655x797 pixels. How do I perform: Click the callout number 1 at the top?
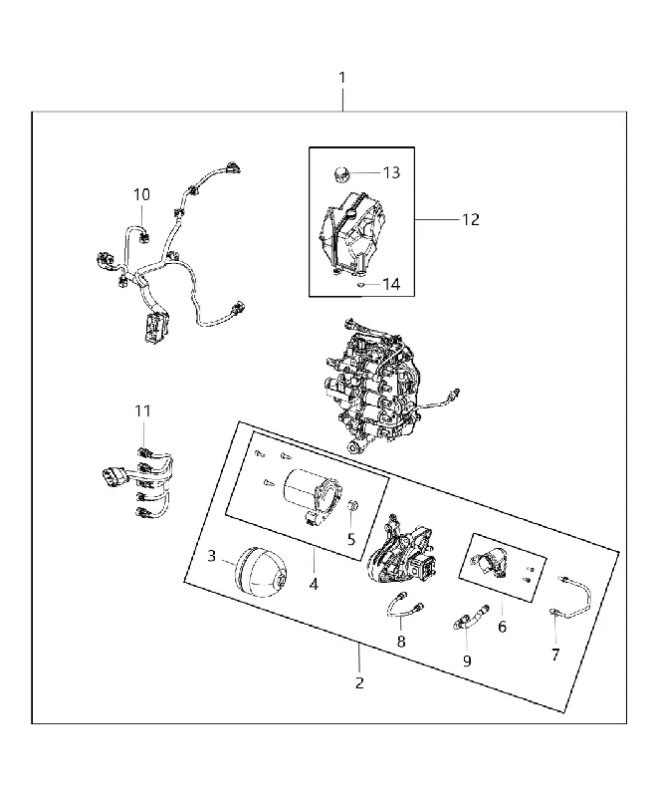coord(342,78)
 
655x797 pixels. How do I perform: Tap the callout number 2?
coord(359,682)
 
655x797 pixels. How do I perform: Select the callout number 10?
coord(141,194)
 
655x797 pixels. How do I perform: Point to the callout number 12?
coord(471,219)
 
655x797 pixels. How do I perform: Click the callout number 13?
coord(391,172)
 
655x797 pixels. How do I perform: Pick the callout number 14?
coord(391,284)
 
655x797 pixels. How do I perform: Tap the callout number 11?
coord(142,410)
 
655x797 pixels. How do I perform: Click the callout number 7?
coord(555,655)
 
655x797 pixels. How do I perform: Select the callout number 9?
coord(467,661)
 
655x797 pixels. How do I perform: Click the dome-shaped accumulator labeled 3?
coord(260,572)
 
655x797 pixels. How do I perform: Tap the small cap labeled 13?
coord(341,173)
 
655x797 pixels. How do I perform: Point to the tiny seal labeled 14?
coord(360,285)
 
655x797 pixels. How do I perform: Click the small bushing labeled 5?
coord(354,506)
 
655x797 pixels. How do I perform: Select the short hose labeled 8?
coord(406,604)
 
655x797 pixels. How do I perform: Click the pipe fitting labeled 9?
coord(471,616)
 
